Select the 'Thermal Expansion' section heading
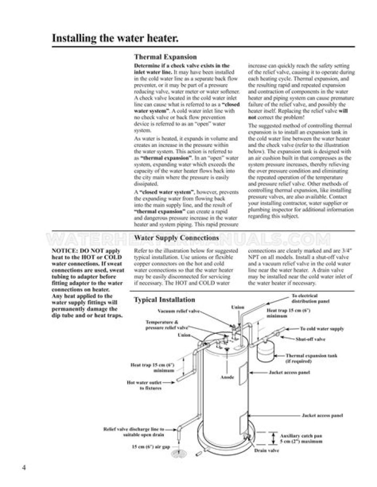pyautogui.click(x=165, y=56)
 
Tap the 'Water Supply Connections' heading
pyautogui.click(x=178, y=239)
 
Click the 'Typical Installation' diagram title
pyautogui.click(x=164, y=300)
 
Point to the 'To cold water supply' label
pyautogui.click(x=321, y=329)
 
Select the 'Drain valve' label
pyautogui.click(x=265, y=450)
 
